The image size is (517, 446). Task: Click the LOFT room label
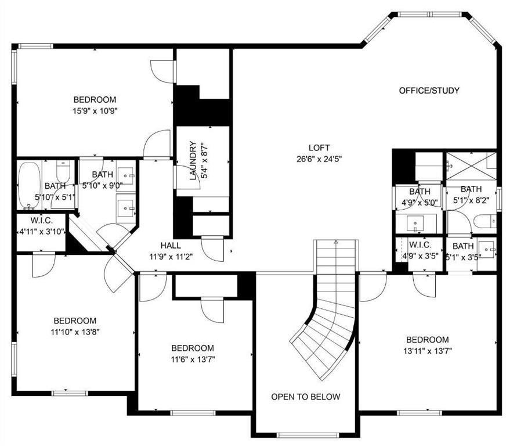(319, 148)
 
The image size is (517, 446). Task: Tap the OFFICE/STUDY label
(429, 91)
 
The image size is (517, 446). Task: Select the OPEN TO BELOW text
(305, 397)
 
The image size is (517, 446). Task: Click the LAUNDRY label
(193, 161)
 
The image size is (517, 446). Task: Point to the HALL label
(171, 246)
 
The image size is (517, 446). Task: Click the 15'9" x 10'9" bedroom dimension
(95, 111)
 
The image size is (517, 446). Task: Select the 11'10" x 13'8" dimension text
(75, 332)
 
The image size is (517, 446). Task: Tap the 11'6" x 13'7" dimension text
(193, 359)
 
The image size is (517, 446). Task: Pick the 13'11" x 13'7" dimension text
(427, 351)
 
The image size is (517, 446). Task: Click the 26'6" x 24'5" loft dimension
(319, 159)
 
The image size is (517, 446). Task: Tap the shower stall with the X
(471, 166)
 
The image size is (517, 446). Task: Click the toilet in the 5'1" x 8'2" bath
(485, 221)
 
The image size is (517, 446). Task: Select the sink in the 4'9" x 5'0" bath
(415, 224)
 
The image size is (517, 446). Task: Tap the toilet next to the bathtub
(63, 171)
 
